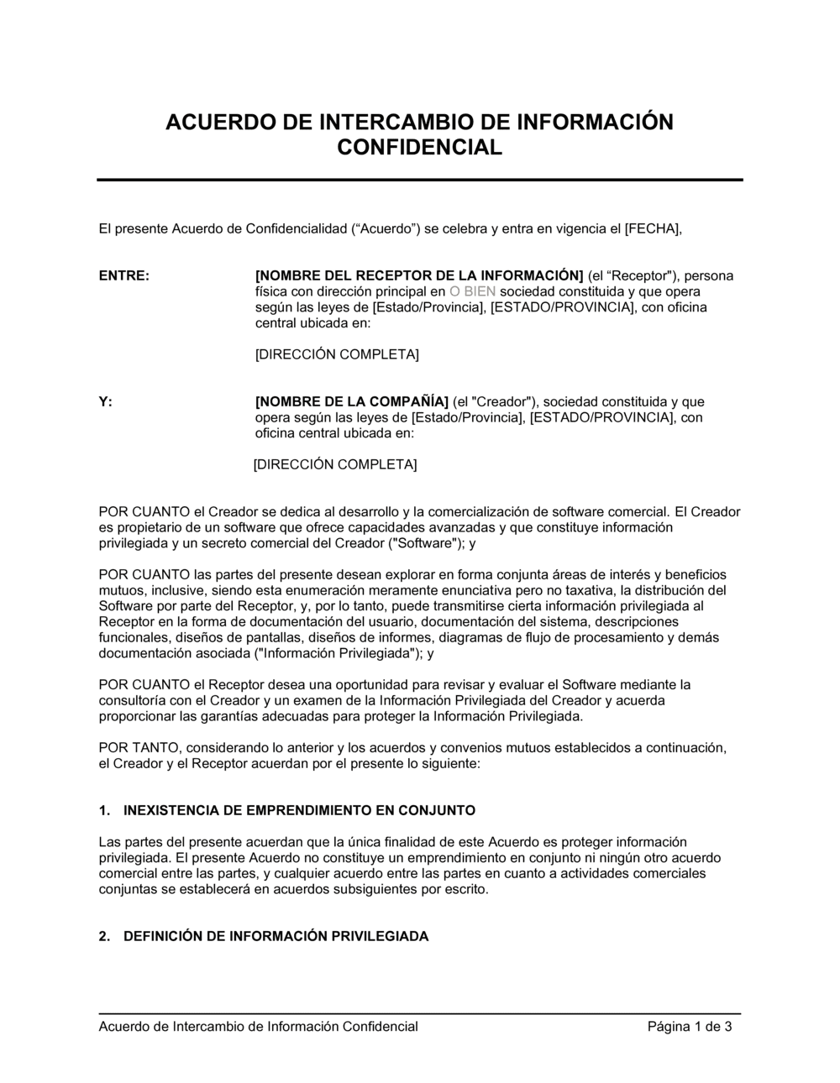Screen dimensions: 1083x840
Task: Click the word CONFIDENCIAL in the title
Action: pyautogui.click(x=419, y=148)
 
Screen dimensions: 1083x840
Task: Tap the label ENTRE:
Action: pyautogui.click(x=124, y=275)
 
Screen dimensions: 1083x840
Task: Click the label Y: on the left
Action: pyautogui.click(x=106, y=401)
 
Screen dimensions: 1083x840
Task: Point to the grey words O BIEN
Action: pyautogui.click(x=473, y=291)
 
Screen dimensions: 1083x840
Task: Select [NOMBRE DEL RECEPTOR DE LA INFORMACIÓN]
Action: pyautogui.click(x=418, y=275)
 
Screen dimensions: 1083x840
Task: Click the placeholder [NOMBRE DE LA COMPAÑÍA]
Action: pyautogui.click(x=352, y=401)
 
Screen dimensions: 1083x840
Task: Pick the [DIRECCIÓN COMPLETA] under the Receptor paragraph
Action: pyautogui.click(x=337, y=354)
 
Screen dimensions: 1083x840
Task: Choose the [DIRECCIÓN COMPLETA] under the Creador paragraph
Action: pyautogui.click(x=335, y=464)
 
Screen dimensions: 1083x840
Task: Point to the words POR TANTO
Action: pyautogui.click(x=139, y=747)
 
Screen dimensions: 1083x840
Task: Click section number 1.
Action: pyautogui.click(x=104, y=810)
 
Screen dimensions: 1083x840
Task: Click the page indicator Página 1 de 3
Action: pyautogui.click(x=690, y=1026)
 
